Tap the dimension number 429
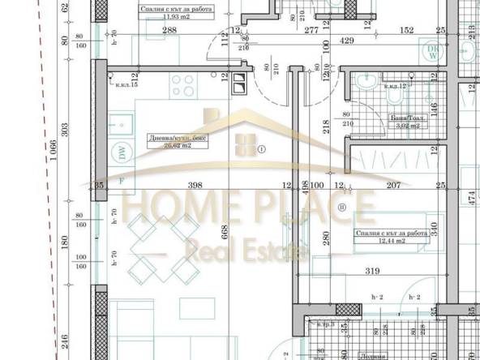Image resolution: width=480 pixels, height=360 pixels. pyautogui.click(x=347, y=39)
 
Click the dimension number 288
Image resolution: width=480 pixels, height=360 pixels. pyautogui.click(x=169, y=30)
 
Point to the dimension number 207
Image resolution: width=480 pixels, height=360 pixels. pyautogui.click(x=394, y=186)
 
